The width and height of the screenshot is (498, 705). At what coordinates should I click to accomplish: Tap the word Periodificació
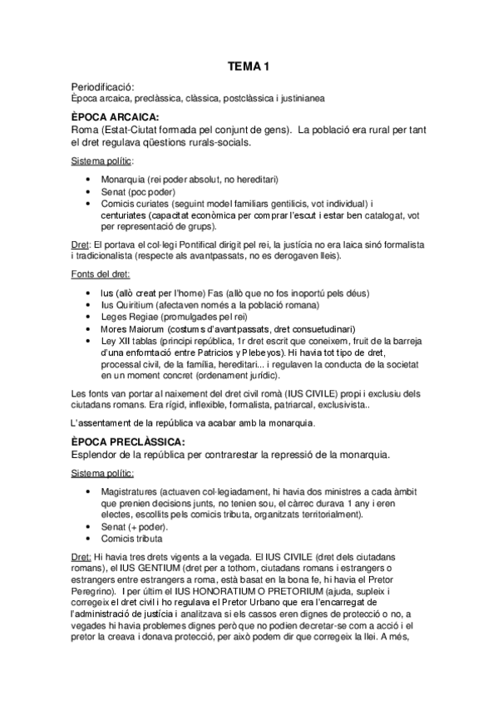tap(101, 86)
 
